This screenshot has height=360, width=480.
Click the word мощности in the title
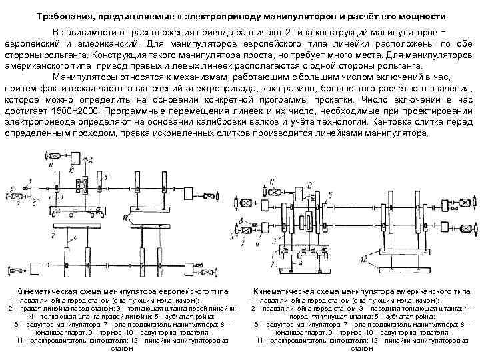tap(425, 15)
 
